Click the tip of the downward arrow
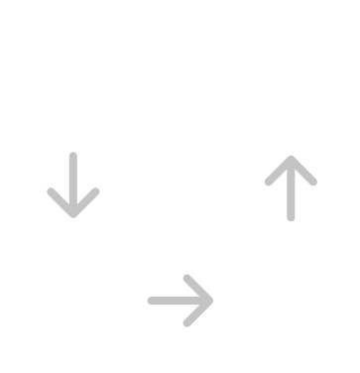click(71, 214)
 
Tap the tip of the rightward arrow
click(212, 299)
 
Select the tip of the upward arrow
click(288, 158)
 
